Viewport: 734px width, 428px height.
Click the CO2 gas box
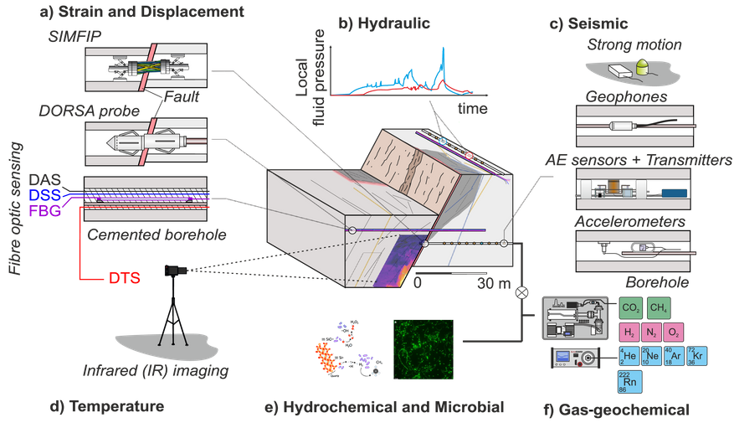pyautogui.click(x=632, y=307)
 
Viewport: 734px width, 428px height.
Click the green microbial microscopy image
pyautogui.click(x=423, y=350)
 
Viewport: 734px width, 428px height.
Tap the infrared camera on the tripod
pyautogui.click(x=175, y=271)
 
